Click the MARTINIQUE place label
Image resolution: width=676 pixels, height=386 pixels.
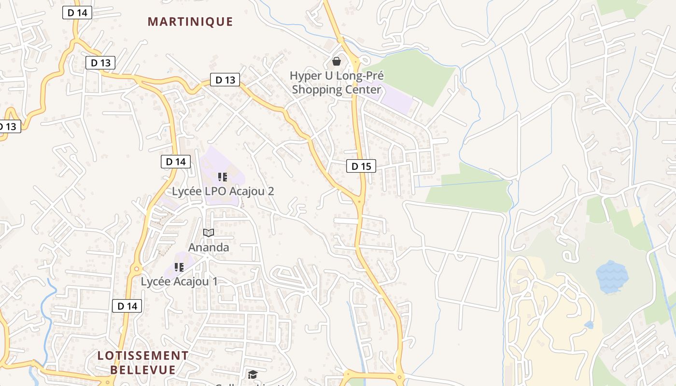coord(190,22)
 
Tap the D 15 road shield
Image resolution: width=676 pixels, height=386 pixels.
coord(361,166)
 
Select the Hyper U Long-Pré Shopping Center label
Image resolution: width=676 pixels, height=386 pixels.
coord(337,83)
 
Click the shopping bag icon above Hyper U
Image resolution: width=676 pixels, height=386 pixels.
coord(337,61)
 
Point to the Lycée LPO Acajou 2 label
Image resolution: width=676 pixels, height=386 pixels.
coord(223,191)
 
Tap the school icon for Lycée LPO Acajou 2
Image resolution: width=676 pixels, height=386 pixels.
coord(222,177)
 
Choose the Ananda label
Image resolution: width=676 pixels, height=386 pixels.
coord(209,248)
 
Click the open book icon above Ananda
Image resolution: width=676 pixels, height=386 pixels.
coord(209,233)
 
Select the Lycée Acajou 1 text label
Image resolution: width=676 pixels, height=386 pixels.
coord(179,281)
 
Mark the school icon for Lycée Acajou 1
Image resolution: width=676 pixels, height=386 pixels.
coord(179,267)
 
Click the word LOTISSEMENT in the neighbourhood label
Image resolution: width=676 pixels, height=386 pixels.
coord(143,356)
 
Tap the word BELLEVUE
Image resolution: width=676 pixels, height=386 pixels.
coord(143,370)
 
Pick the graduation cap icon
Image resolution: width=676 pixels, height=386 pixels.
coord(253,375)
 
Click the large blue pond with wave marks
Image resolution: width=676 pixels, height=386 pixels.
coord(612,277)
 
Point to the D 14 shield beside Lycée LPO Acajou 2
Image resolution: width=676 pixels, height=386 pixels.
coord(176,162)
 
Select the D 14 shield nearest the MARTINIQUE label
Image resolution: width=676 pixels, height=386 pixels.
coord(77,13)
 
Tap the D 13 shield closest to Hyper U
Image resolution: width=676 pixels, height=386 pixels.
coord(225,80)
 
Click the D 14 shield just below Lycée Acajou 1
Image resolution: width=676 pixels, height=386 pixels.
coord(127,306)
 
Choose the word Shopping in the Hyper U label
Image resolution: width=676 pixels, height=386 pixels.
coord(314,90)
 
